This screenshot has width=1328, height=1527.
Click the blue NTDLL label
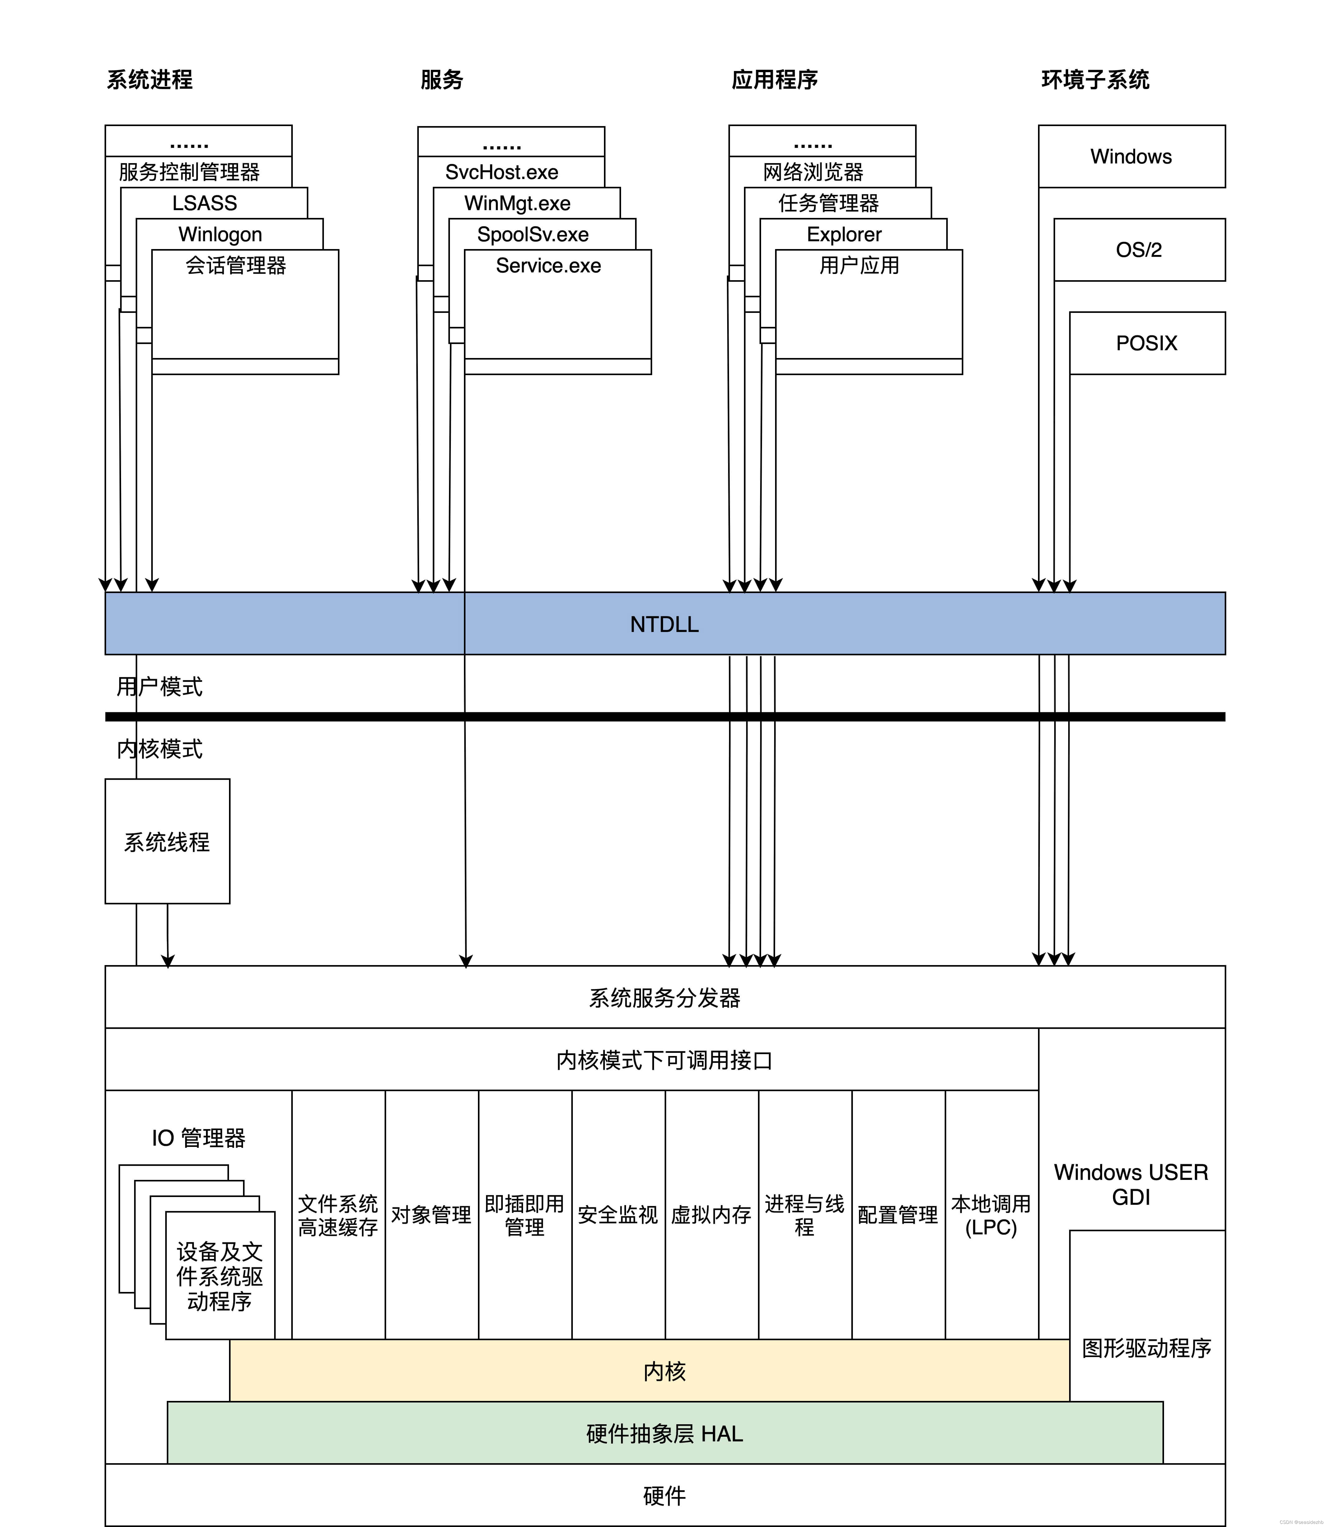pyautogui.click(x=664, y=624)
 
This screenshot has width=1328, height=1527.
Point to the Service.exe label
pyautogui.click(x=548, y=265)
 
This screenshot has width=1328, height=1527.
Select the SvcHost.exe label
pyautogui.click(x=502, y=172)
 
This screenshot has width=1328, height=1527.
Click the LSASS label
pyautogui.click(x=204, y=203)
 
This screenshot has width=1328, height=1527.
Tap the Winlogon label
pyautogui.click(x=220, y=234)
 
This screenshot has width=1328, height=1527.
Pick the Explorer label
pyautogui.click(x=844, y=234)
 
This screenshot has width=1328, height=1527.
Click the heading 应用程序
pyautogui.click(x=774, y=79)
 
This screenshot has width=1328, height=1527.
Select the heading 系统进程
pyautogui.click(x=150, y=79)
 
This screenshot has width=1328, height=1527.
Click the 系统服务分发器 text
pyautogui.click(x=664, y=998)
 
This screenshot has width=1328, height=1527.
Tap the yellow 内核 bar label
pyautogui.click(x=664, y=1371)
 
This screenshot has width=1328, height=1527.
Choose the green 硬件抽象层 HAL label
pyautogui.click(x=664, y=1434)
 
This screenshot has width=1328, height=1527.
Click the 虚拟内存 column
pyautogui.click(x=711, y=1214)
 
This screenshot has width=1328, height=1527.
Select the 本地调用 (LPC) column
pyautogui.click(x=991, y=1214)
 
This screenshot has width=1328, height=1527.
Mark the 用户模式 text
pyautogui.click(x=159, y=686)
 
